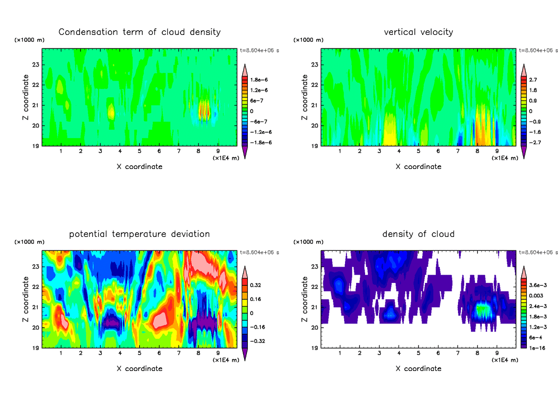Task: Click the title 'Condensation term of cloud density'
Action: coord(139,32)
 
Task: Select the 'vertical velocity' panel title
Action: coord(418,32)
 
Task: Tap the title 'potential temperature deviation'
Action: coord(139,234)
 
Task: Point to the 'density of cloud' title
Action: coord(418,234)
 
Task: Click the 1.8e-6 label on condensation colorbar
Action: coord(259,80)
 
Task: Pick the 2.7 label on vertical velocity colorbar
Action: coord(533,80)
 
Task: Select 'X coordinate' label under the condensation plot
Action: coord(139,166)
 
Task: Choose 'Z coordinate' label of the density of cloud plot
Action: coord(305,299)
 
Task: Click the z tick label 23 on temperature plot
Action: coord(35,266)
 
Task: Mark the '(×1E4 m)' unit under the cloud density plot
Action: coord(505,360)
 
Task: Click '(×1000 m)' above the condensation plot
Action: coord(30,40)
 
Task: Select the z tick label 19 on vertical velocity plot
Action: coord(314,146)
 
